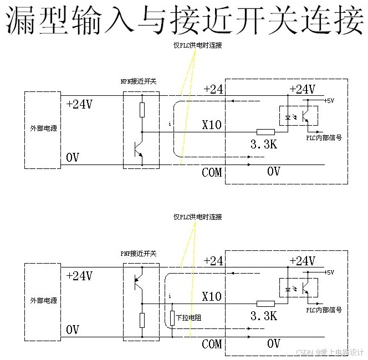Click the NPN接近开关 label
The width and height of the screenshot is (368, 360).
pyautogui.click(x=139, y=81)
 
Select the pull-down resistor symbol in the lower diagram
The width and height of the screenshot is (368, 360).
pyautogui.click(x=172, y=317)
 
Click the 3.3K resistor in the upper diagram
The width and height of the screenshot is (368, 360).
pyautogui.click(x=266, y=132)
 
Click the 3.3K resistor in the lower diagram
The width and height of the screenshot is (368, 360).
pyautogui.click(x=266, y=304)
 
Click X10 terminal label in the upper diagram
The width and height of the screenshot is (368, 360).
pyautogui.click(x=211, y=125)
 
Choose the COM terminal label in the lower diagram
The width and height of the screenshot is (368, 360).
pyautogui.click(x=211, y=344)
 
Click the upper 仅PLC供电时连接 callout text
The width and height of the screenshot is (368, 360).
pyautogui.click(x=197, y=45)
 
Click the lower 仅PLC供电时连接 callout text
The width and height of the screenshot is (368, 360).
pyautogui.click(x=197, y=217)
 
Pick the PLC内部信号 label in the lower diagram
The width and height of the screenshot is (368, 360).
pyautogui.click(x=324, y=310)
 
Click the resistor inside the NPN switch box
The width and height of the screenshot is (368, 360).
pyautogui.click(x=142, y=109)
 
